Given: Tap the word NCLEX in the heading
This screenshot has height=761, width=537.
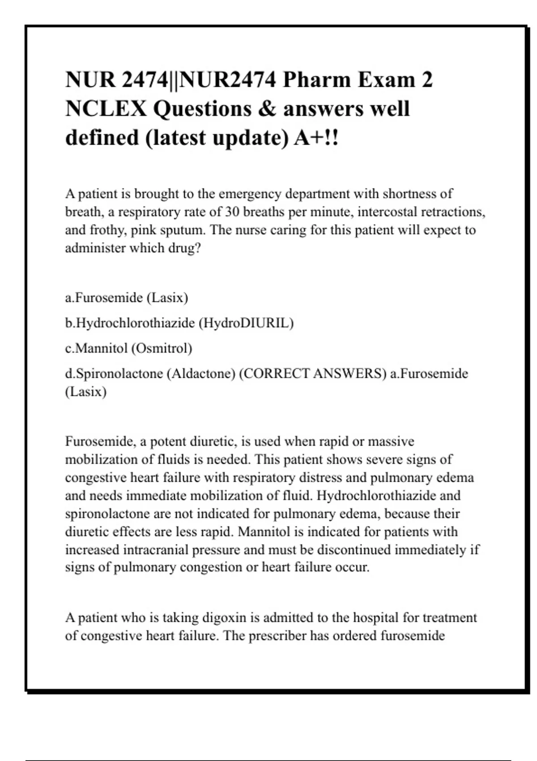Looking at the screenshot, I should coord(106,109).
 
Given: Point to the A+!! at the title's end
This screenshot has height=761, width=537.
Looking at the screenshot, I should coord(316,138).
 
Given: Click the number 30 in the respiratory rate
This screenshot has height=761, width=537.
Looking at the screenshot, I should coord(232,212).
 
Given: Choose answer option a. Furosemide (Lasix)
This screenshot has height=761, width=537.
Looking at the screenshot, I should coord(127,298).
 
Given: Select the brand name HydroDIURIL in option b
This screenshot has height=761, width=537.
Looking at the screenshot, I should coord(249,323).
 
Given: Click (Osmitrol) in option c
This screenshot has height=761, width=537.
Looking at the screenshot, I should coord(162,348).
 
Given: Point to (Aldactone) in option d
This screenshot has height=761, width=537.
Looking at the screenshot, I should coord(201,374).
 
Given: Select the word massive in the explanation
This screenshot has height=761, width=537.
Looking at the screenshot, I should coord(391,442).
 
